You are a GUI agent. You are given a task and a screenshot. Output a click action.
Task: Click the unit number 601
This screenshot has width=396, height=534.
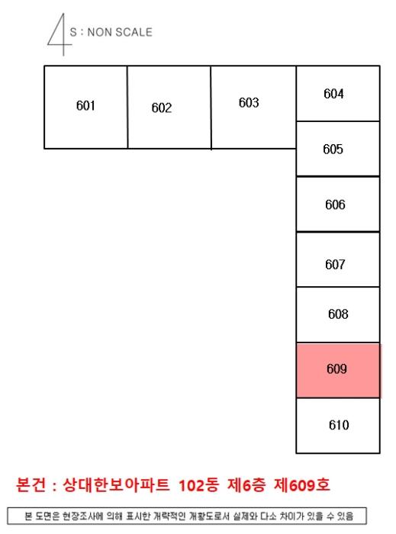[x=85, y=105]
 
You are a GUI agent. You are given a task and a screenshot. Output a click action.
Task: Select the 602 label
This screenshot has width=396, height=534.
[x=162, y=108]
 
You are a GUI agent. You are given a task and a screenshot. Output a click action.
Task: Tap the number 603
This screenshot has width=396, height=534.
[x=249, y=102]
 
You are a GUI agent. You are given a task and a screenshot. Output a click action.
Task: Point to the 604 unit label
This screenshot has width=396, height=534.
[x=333, y=94]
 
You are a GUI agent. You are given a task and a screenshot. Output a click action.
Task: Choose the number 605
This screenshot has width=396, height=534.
[x=333, y=150]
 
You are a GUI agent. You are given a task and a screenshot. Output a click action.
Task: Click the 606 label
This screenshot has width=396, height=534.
[x=335, y=204]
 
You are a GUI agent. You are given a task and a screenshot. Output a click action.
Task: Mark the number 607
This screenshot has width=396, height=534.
[x=335, y=265]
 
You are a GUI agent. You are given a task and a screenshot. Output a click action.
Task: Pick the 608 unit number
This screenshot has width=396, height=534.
[x=338, y=314]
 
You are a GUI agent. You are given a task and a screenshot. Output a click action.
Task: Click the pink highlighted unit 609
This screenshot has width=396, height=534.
[x=338, y=371]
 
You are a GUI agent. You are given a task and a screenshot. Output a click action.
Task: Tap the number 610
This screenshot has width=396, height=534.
[x=339, y=425]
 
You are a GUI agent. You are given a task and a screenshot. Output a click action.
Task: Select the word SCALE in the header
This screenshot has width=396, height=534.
[x=134, y=32]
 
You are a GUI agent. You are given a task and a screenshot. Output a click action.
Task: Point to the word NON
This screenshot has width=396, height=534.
[x=100, y=32]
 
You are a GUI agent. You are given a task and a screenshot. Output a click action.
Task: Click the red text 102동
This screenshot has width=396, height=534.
[x=199, y=485]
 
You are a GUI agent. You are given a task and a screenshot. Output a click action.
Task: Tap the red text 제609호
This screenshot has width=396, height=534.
[x=302, y=485]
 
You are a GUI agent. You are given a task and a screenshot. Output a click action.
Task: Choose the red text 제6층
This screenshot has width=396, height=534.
[x=246, y=485]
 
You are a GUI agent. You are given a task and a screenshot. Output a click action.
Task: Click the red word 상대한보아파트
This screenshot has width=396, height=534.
[x=116, y=485]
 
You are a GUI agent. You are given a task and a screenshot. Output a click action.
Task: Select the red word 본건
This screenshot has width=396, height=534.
[x=31, y=485]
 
